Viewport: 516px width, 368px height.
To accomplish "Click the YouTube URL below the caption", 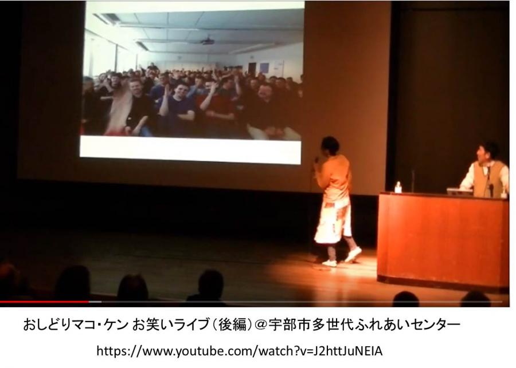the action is click(x=239, y=351).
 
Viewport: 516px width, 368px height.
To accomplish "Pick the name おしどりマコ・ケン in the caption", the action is click(x=75, y=325).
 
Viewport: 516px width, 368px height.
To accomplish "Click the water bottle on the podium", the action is click(x=398, y=187).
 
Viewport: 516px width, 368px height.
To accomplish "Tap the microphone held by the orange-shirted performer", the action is click(x=316, y=161).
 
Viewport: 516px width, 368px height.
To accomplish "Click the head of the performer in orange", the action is click(x=330, y=145).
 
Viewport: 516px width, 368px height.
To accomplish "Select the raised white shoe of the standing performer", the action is click(x=353, y=254).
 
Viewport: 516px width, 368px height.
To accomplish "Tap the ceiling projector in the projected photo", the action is click(x=208, y=42).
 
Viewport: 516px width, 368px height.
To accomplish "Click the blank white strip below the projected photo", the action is click(x=190, y=149).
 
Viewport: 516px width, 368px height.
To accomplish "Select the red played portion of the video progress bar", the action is click(x=44, y=302).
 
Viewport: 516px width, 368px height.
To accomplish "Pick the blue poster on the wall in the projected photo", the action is click(x=264, y=68).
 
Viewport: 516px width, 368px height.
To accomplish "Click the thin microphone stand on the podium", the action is click(x=413, y=181).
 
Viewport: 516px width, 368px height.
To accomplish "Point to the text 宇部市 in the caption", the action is click(x=290, y=325).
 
